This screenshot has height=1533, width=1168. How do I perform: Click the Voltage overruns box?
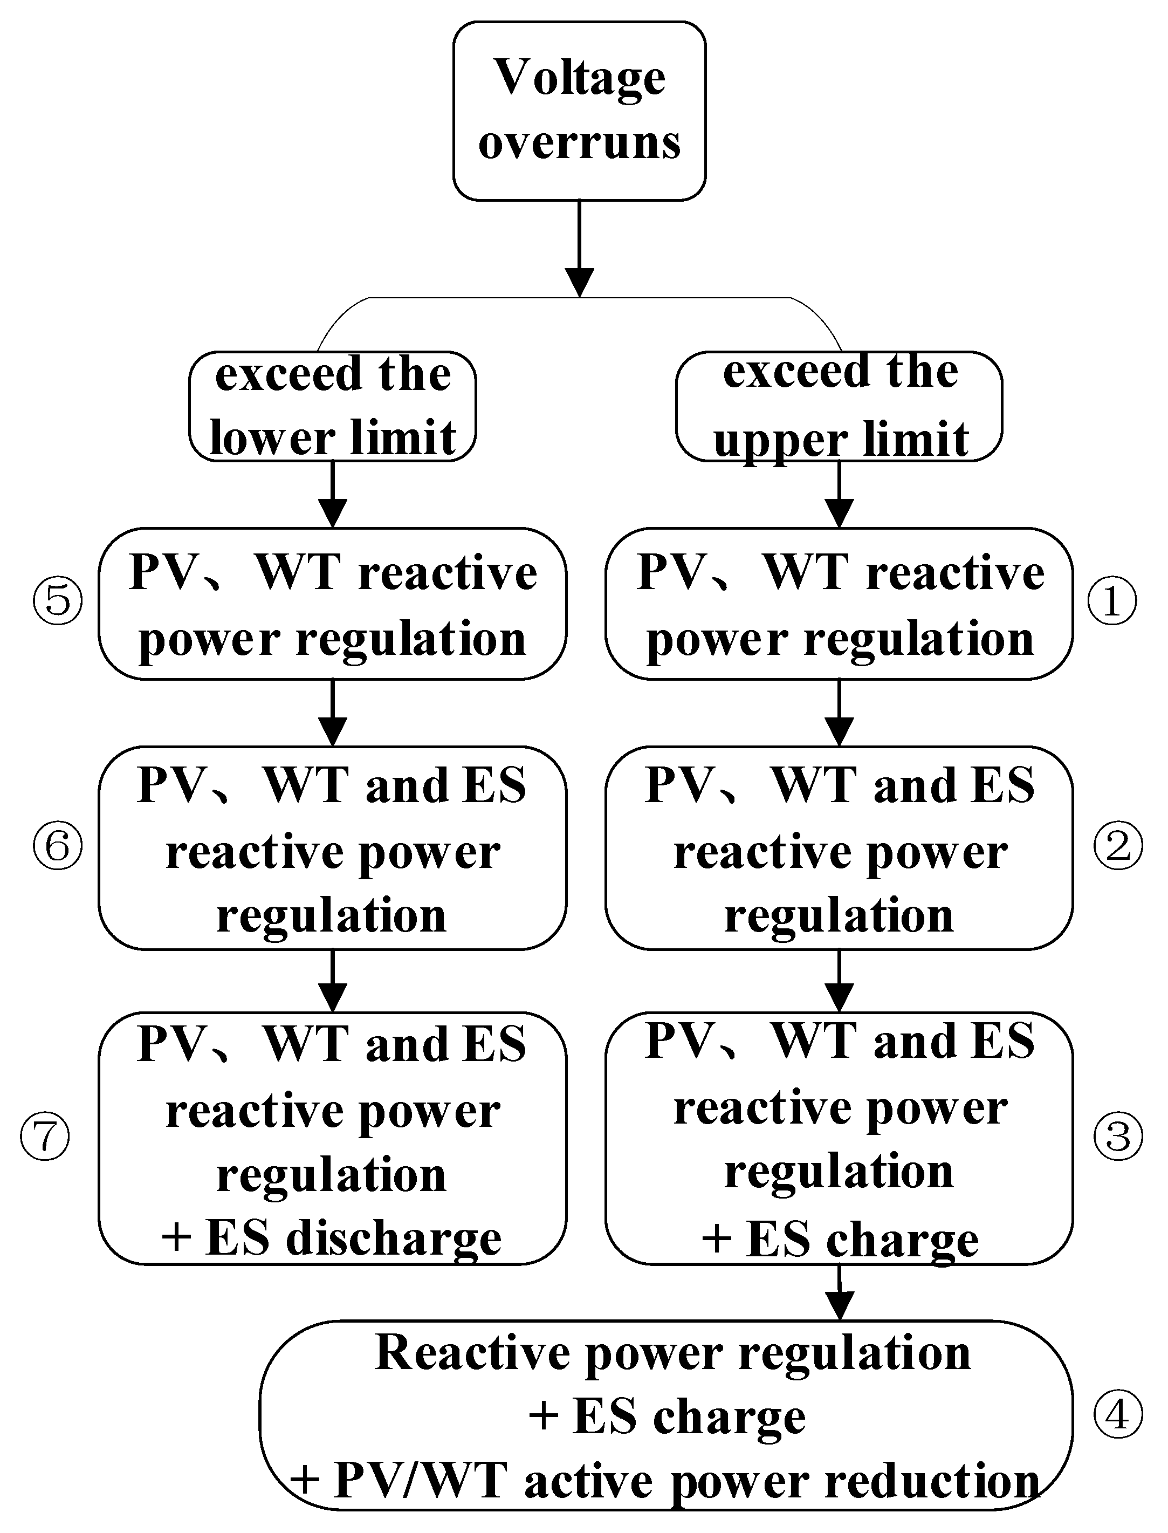(579, 111)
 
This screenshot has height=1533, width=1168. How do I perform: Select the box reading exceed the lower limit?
(332, 407)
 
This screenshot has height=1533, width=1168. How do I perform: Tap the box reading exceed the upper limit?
(839, 407)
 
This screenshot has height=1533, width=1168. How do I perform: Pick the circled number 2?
(1117, 846)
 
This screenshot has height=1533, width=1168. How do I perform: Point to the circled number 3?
(1117, 1137)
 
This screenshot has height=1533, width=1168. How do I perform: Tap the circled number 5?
(58, 600)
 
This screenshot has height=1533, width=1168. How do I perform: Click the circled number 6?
(58, 846)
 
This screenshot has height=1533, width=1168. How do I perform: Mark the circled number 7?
(45, 1137)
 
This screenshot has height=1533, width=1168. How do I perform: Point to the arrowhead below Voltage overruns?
(579, 282)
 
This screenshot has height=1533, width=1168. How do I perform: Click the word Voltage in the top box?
(579, 78)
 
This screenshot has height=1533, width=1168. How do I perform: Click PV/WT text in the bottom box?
(420, 1482)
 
